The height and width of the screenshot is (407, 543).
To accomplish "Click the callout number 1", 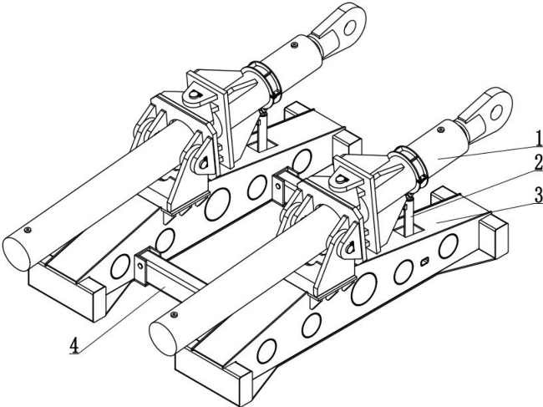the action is pyautogui.click(x=538, y=140).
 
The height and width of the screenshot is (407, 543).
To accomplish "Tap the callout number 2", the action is pyautogui.click(x=538, y=162).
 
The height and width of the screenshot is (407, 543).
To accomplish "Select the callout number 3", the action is pyautogui.click(x=538, y=196).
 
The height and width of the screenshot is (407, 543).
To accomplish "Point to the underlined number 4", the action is pyautogui.click(x=74, y=345).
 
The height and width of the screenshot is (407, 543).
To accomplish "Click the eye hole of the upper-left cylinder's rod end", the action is pyautogui.click(x=351, y=28).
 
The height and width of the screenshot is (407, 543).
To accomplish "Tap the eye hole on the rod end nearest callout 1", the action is pyautogui.click(x=496, y=111).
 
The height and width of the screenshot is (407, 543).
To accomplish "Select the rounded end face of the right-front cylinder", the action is pyautogui.click(x=162, y=338).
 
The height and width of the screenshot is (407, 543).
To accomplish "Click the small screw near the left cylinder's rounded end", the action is pyautogui.click(x=28, y=230).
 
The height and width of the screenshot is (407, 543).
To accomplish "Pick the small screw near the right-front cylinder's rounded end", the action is pyautogui.click(x=175, y=314).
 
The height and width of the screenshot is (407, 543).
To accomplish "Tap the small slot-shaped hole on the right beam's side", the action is pyautogui.click(x=425, y=262).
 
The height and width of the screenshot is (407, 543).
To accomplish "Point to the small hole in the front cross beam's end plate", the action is pyautogui.click(x=140, y=266).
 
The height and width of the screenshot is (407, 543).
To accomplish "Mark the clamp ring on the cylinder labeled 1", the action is pyautogui.click(x=411, y=164).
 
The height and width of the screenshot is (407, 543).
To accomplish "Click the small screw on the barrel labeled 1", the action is pyautogui.click(x=440, y=130).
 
